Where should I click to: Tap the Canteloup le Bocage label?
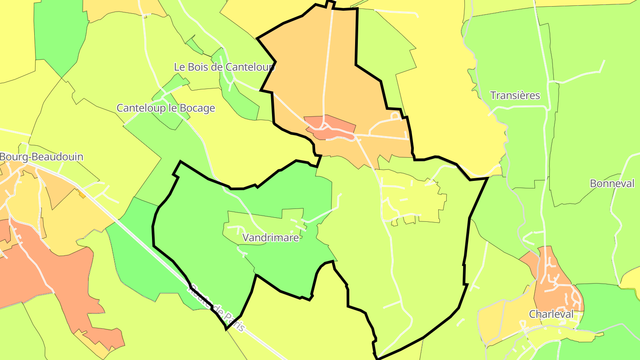pos(166,108)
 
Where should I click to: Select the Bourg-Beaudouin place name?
pos(41,157)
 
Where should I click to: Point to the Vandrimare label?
pos(271,238)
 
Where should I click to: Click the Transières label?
pos(515,96)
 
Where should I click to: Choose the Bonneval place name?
pos(612,184)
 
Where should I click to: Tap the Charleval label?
pos(551,314)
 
